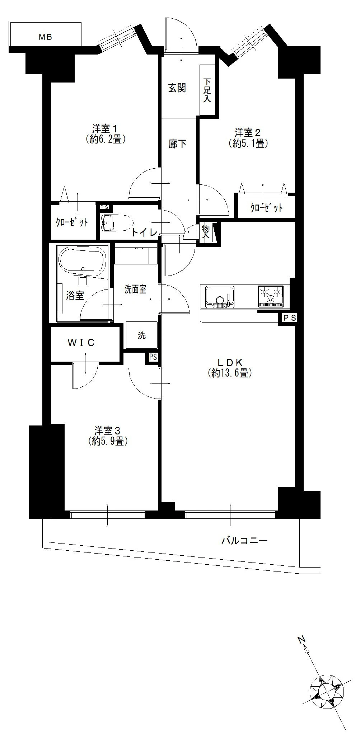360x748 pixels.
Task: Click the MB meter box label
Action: click(46, 37)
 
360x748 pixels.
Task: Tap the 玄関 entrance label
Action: click(177, 88)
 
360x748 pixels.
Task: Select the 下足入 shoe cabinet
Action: click(207, 90)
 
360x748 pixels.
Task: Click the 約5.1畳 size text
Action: click(248, 144)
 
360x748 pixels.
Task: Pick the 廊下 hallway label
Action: click(178, 144)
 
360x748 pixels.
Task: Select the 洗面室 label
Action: click(135, 289)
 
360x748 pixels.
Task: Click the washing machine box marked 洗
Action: click(142, 335)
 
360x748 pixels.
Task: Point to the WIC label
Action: click(81, 343)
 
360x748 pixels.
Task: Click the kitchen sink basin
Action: click(219, 296)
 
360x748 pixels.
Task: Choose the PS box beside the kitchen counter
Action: click(290, 318)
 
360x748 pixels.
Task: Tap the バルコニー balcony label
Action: click(244, 541)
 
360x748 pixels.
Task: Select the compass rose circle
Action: click(327, 688)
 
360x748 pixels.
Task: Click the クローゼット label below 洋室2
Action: click(266, 208)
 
